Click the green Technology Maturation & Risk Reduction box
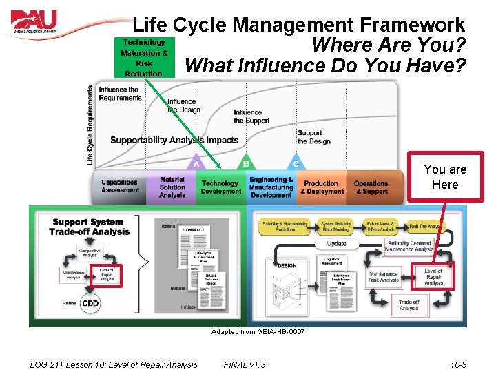point(144,58)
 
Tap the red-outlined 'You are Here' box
point(444,177)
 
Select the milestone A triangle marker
point(196,163)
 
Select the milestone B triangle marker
point(246,163)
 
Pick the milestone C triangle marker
point(296,163)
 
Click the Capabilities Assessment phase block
point(119,187)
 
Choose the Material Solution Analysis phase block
point(172,187)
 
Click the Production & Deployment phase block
point(321,187)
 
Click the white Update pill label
point(337,244)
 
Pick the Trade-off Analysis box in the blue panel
point(409,304)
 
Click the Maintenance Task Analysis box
point(383,277)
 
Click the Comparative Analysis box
point(89,253)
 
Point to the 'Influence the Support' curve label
point(248,116)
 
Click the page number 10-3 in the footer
point(457,364)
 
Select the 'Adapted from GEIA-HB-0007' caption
point(258,332)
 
